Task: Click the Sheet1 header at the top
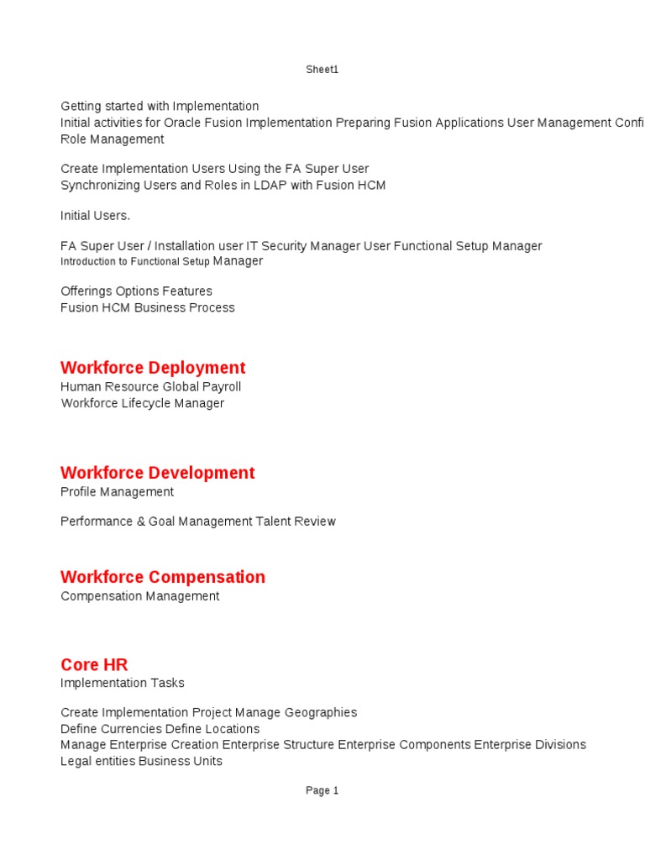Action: point(322,70)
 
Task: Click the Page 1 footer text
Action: point(322,790)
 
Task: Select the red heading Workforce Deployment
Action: point(153,368)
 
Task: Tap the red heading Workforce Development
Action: point(157,473)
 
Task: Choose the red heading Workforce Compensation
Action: point(162,577)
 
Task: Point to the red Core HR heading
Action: point(94,665)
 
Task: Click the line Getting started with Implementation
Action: point(160,107)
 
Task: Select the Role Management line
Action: point(112,139)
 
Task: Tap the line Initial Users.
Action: point(95,216)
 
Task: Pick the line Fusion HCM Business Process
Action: point(147,307)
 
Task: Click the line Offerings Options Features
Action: point(136,291)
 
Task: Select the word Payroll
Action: point(221,387)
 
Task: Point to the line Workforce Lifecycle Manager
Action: point(142,403)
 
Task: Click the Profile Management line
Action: point(117,492)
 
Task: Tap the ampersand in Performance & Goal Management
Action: point(140,522)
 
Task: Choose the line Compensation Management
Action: point(139,596)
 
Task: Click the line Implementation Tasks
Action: point(122,683)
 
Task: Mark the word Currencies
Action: point(131,729)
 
